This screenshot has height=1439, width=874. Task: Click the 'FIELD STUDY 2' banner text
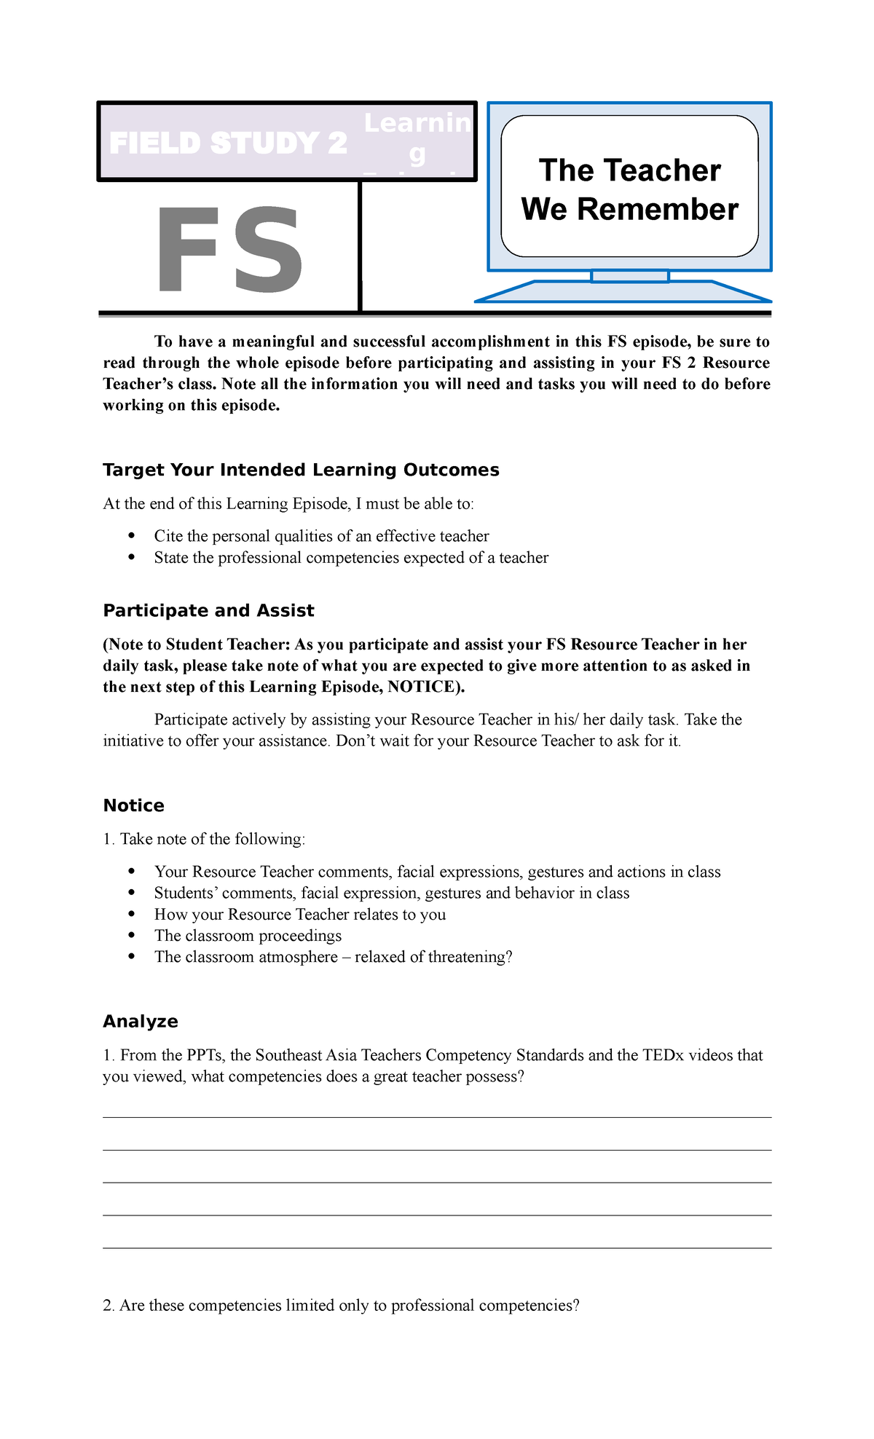(228, 143)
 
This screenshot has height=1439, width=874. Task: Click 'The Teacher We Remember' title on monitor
(629, 189)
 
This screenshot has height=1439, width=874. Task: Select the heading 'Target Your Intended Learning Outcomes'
(301, 470)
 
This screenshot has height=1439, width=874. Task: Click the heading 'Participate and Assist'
(208, 610)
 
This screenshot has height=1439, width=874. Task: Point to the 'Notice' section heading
(133, 805)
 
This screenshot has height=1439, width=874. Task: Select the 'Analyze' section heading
(140, 1021)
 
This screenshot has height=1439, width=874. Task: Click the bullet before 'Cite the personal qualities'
(131, 536)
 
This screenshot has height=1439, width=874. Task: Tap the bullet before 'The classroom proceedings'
(131, 935)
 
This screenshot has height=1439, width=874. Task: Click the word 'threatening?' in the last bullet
(470, 957)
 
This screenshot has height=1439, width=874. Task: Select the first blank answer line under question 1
(437, 1117)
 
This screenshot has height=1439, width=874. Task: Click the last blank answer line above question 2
(437, 1248)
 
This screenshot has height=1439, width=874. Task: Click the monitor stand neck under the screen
(629, 276)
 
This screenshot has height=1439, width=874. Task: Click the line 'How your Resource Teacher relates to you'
(299, 914)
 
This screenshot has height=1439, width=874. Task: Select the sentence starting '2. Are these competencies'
(341, 1305)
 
